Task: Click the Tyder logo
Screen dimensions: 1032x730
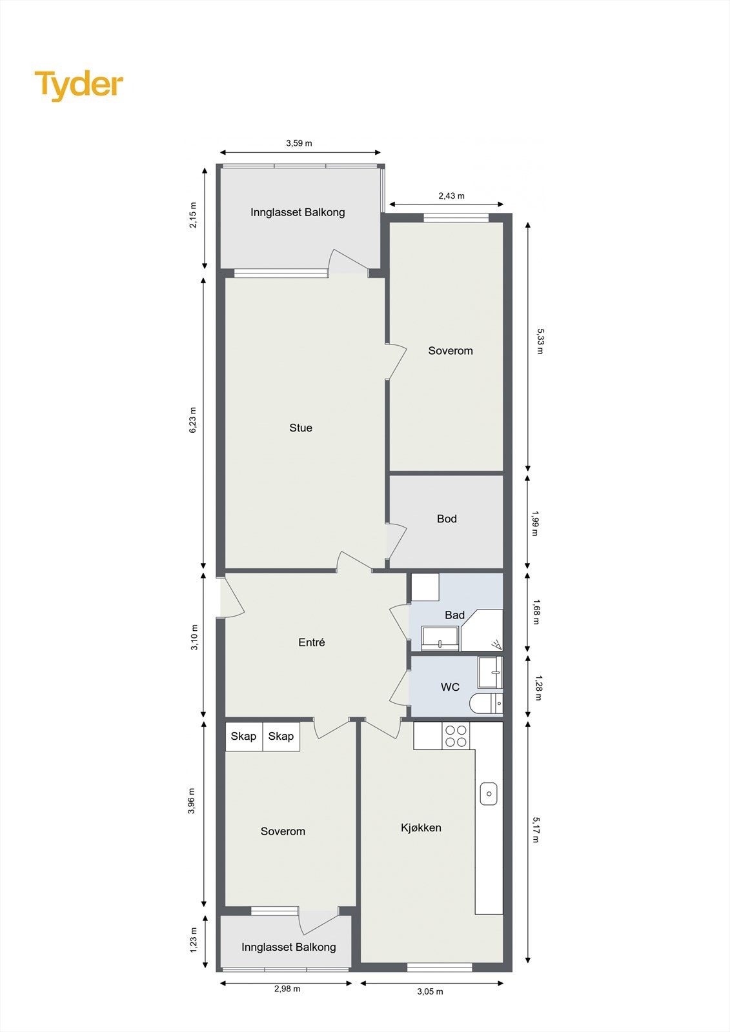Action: (x=79, y=85)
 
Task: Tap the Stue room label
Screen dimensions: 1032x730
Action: (x=301, y=428)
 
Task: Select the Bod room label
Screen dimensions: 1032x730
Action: (x=447, y=519)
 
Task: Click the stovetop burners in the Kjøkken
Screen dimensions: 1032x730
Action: (x=456, y=736)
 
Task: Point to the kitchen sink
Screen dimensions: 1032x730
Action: (x=489, y=793)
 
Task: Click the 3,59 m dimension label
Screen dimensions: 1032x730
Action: (x=299, y=143)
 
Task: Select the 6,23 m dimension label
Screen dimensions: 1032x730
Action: (x=192, y=420)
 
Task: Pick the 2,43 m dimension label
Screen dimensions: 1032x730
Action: (x=451, y=195)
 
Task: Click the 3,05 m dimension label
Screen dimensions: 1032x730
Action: (x=430, y=991)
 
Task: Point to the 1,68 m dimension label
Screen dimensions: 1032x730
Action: (x=536, y=612)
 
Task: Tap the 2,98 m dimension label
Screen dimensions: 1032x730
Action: (x=287, y=988)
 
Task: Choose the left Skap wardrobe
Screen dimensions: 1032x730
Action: (x=243, y=736)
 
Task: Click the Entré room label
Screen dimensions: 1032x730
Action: (x=312, y=642)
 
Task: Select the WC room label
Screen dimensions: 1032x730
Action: (x=450, y=687)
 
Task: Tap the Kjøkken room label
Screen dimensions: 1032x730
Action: (x=421, y=828)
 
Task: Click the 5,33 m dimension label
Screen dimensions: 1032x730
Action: (x=540, y=341)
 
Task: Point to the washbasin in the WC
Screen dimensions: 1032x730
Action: (x=489, y=673)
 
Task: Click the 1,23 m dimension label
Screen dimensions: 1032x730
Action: (x=192, y=939)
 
